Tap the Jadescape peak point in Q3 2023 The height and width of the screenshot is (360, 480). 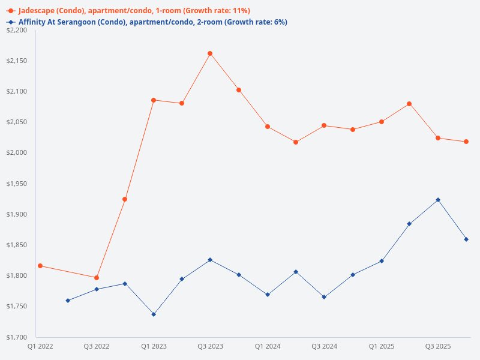(210, 53)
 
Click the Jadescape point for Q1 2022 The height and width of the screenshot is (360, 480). (40, 266)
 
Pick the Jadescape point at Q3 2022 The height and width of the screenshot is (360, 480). (97, 278)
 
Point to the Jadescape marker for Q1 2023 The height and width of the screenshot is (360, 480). (154, 100)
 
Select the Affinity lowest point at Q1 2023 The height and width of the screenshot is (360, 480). (154, 314)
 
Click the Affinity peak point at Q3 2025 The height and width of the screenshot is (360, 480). (438, 200)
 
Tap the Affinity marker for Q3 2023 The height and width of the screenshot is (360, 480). (210, 260)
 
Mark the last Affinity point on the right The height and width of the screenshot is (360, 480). (466, 239)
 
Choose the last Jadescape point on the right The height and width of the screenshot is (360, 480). (466, 142)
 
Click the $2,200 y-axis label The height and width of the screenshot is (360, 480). (19, 30)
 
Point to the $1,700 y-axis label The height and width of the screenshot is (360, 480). (19, 337)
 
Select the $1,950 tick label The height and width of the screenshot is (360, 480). (19, 184)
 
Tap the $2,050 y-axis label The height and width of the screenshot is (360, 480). (19, 122)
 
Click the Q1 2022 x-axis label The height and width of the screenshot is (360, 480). (40, 346)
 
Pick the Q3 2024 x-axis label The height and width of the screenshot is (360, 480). (325, 346)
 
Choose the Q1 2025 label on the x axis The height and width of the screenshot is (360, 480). (381, 346)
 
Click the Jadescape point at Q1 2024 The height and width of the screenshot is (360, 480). (268, 127)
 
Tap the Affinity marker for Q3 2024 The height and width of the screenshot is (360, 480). (324, 297)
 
